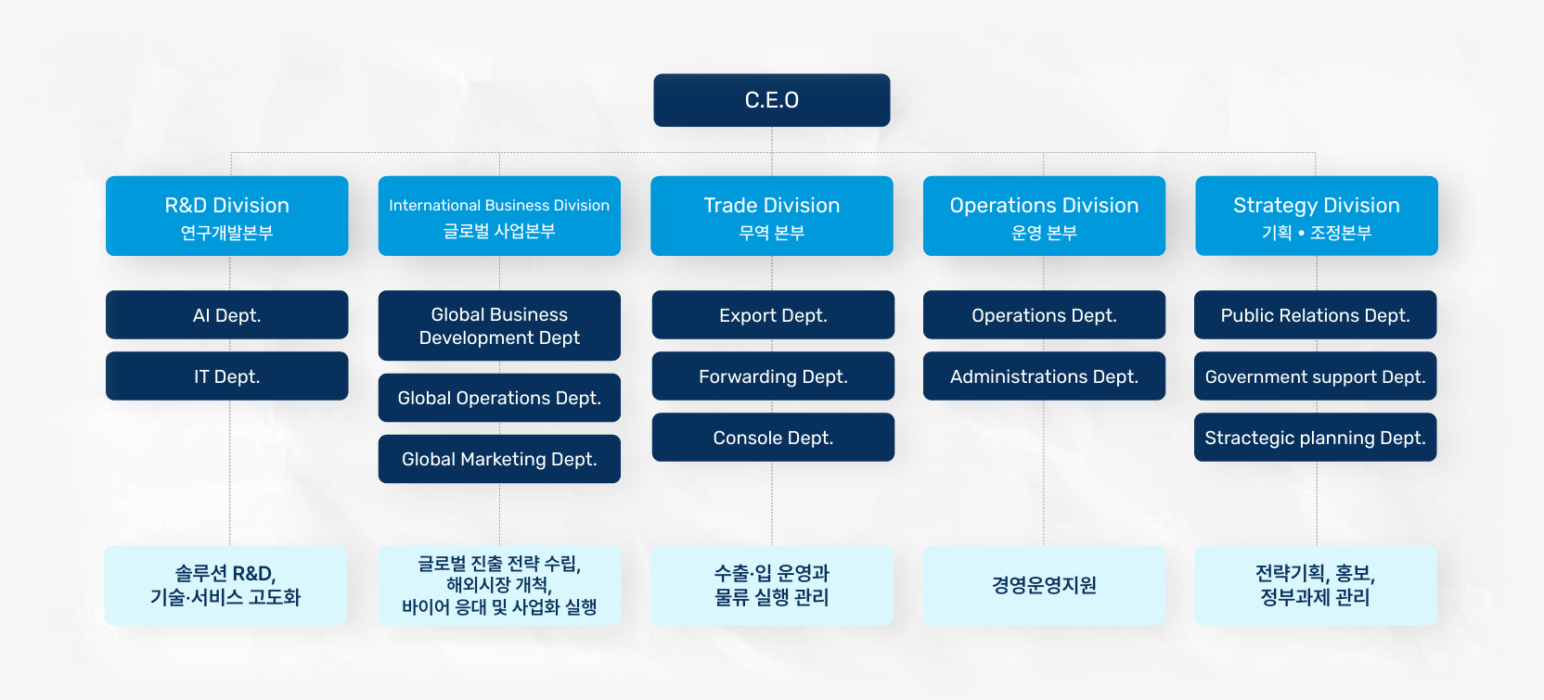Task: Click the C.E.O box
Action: [x=771, y=100]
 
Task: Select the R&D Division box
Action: [x=226, y=215]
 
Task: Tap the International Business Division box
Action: [x=499, y=215]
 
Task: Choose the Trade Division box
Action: [x=771, y=215]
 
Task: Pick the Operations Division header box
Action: [x=1044, y=215]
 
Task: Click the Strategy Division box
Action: [x=1316, y=215]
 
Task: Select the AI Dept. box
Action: [x=226, y=315]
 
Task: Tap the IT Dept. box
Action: [x=226, y=376]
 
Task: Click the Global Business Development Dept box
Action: [x=499, y=325]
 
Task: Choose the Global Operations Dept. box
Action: [x=499, y=398]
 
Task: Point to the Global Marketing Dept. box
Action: [x=499, y=459]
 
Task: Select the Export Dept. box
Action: [x=773, y=315]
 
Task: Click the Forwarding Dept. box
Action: [x=773, y=376]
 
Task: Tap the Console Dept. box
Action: [x=773, y=438]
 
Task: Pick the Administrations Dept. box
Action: [x=1044, y=376]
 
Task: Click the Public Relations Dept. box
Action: [x=1315, y=315]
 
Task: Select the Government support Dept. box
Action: [x=1315, y=376]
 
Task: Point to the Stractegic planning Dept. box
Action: [x=1315, y=438]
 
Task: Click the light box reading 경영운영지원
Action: [x=1044, y=585]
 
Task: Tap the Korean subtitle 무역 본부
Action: [x=771, y=233]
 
